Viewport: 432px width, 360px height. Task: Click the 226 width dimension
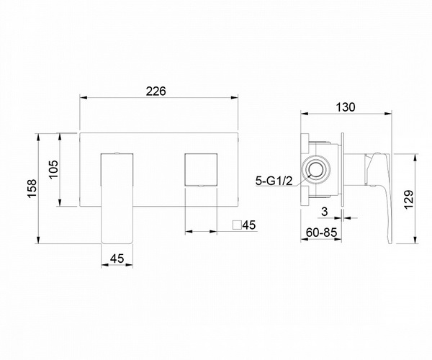pos(156,91)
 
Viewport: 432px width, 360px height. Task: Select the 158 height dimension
pos(32,188)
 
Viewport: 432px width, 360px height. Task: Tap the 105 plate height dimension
pos(53,169)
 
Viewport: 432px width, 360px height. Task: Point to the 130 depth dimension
pos(346,107)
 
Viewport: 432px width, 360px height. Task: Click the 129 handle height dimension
pos(409,199)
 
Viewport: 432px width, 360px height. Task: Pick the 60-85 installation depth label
pos(321,233)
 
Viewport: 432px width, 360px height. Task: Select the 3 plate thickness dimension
pos(325,212)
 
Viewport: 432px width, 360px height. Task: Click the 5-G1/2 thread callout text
pos(274,181)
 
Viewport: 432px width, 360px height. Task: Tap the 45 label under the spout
pos(117,258)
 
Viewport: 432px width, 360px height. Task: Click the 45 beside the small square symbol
pos(249,225)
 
